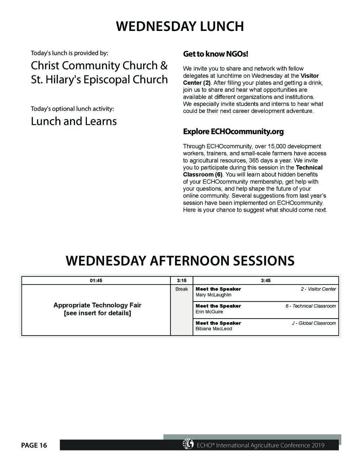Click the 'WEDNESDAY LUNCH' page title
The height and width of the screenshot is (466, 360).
coord(180,27)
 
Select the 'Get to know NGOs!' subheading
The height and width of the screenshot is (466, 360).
coord(216,54)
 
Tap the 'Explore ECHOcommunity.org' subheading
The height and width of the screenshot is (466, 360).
coord(233,132)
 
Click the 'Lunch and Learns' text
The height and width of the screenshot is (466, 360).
coord(73,121)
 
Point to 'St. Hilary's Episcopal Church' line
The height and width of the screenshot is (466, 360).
coord(99,79)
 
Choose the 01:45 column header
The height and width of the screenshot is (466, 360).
coord(96,281)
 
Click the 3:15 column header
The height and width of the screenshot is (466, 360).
coord(181,281)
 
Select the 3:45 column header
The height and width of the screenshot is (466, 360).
coord(265,281)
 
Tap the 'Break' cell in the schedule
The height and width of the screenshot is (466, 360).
coord(181,289)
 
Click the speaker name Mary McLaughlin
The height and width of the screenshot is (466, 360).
coord(213,295)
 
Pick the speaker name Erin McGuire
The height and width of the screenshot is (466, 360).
coord(209,312)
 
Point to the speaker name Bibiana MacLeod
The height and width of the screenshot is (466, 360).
coord(213,329)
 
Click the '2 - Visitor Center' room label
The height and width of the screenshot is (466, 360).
coord(318,289)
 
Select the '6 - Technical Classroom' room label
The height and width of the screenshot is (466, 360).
coord(310,306)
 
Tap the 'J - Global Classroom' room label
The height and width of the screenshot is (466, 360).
coord(314,323)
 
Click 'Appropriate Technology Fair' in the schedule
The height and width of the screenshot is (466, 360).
coord(97,305)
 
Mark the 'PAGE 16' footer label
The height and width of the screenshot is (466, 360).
coord(34,445)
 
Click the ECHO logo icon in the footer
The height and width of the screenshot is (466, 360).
coord(188,445)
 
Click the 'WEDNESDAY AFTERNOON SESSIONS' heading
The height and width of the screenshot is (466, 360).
coord(180,261)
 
